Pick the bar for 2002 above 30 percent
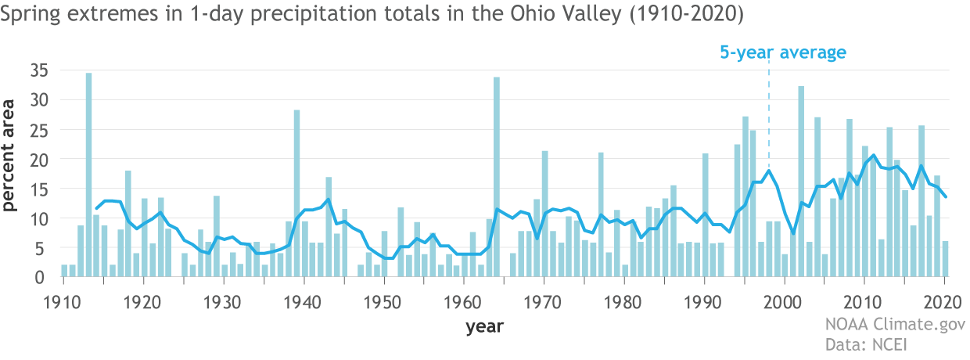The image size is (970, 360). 801,181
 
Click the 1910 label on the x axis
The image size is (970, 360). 62,301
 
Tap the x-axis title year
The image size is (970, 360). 484,326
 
